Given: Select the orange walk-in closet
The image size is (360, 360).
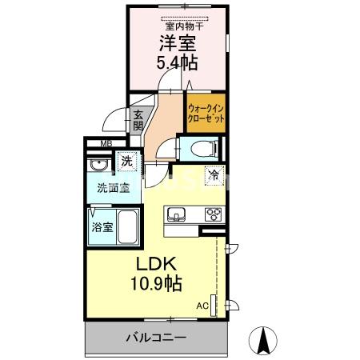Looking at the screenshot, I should tap(205, 113).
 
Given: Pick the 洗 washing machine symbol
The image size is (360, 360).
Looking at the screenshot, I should tap(126, 162).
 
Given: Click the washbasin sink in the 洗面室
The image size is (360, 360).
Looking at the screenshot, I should tap(99, 166).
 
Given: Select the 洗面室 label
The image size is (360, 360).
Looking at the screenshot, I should tap(111, 190).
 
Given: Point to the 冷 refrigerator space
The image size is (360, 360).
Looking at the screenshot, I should tap(214, 174).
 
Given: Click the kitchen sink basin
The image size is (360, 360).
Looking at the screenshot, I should tap(177, 214).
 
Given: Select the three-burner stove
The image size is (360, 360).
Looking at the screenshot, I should tap(213, 214).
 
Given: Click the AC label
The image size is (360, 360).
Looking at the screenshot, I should tap(202, 305).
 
